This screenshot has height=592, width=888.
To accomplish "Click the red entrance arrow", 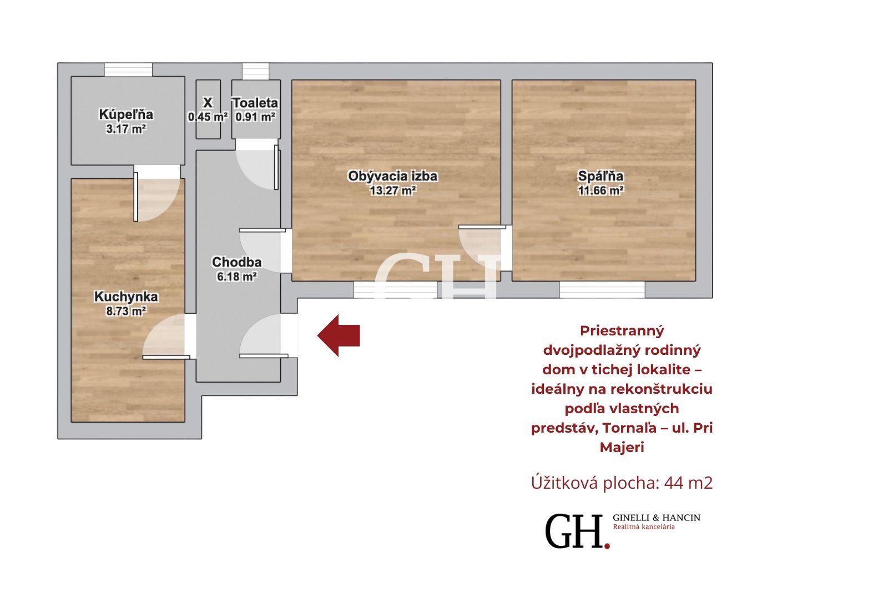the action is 339,335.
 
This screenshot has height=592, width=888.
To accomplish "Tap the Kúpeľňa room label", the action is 126,114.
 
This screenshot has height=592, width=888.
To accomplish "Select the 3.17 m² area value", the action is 126,129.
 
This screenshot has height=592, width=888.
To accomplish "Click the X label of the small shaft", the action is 208,103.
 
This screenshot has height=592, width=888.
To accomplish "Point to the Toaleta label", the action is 255,103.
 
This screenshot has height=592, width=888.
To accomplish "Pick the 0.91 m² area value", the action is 255,117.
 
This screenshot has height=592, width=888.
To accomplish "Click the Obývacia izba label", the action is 392,176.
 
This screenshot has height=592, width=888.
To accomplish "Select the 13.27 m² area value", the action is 392,191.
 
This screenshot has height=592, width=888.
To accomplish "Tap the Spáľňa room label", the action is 601,176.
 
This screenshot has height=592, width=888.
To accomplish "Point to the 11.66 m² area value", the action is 601,191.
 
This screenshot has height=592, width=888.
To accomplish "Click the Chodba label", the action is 236,262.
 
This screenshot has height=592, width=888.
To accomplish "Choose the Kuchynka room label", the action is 126,297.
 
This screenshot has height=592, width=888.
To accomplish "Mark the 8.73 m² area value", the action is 126,311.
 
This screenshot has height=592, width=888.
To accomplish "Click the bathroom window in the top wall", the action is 128,69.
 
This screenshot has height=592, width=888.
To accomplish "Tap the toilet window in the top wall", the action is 256,72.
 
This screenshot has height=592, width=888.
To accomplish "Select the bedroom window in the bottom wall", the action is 602,290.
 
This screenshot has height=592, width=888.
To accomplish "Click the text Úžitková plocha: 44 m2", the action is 622,483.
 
